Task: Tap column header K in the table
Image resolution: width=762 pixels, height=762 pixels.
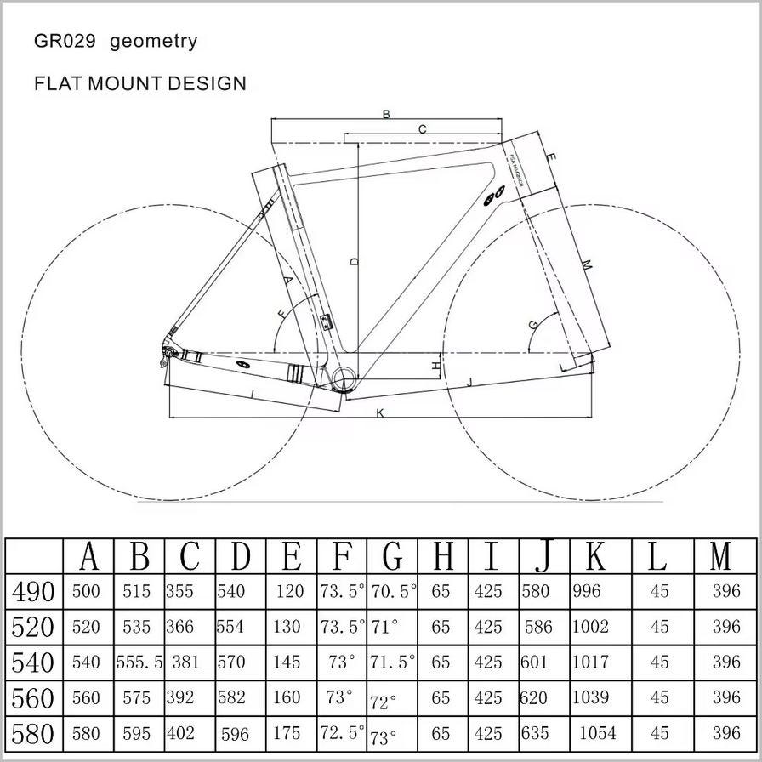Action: click(x=596, y=556)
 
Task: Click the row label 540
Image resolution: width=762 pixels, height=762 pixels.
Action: click(x=34, y=662)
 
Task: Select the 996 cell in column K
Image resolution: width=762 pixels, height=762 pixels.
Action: click(x=586, y=591)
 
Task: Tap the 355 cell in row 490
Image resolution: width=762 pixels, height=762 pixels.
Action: click(x=180, y=591)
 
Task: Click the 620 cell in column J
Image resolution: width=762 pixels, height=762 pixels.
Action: click(x=533, y=698)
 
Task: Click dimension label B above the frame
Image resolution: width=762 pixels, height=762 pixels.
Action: click(x=386, y=114)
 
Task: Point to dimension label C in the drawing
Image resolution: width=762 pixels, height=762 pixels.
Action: click(x=422, y=129)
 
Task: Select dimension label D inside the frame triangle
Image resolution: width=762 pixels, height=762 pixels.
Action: click(x=354, y=261)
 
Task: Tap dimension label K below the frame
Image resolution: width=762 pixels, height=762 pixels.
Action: click(x=380, y=413)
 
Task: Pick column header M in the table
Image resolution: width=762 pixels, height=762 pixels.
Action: click(x=720, y=556)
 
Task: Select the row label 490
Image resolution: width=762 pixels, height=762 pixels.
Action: click(x=34, y=591)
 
